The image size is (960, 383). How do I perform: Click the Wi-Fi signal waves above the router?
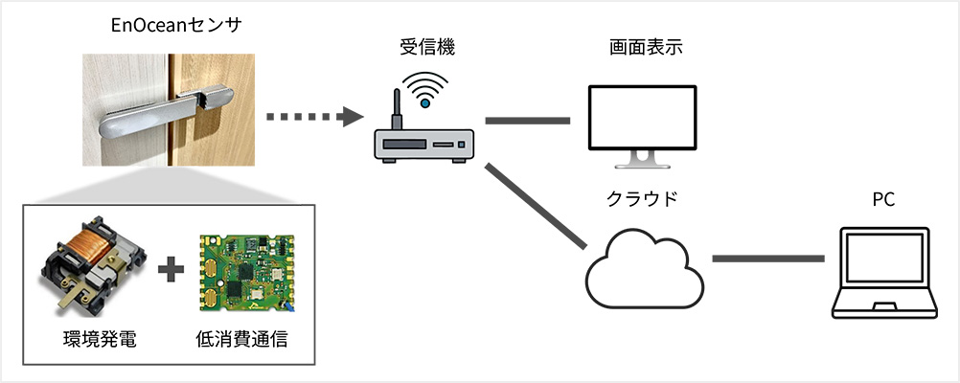pos(423,88)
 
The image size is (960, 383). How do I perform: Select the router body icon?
pos(423,146)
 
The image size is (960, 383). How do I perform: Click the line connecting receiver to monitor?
pos(527,122)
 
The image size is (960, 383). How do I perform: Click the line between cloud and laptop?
pos(768,259)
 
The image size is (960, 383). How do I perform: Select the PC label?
pos(882,199)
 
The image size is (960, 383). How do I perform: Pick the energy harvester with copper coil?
pos(92,273)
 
